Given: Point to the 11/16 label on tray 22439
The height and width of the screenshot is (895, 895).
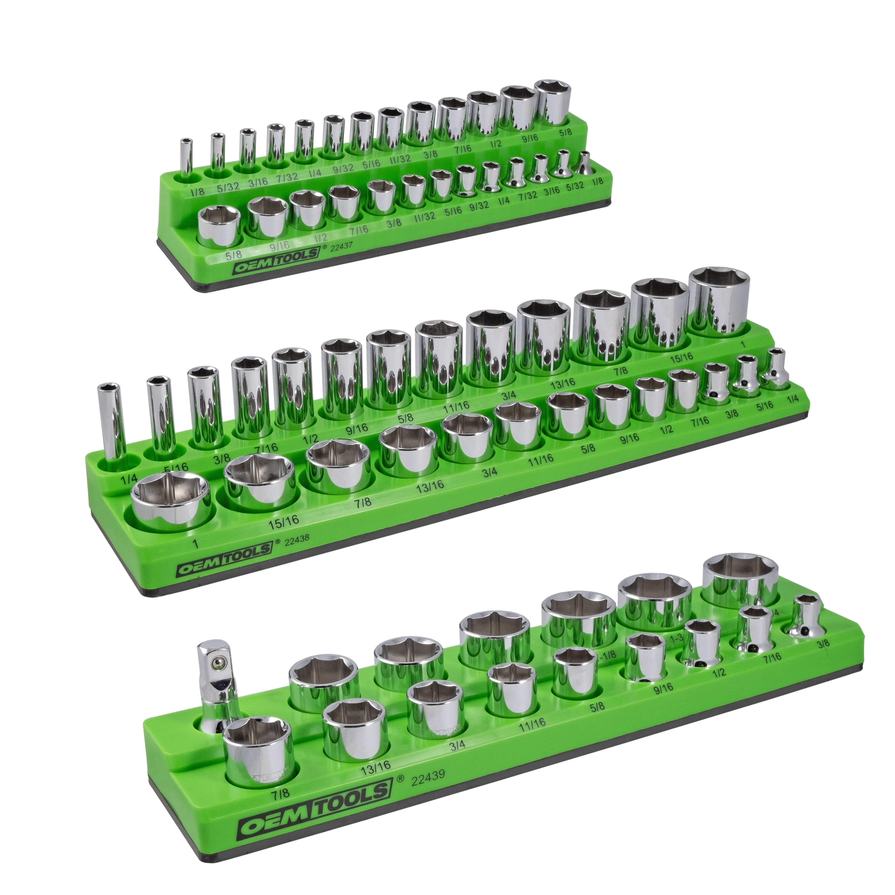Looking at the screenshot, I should point(532,735).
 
